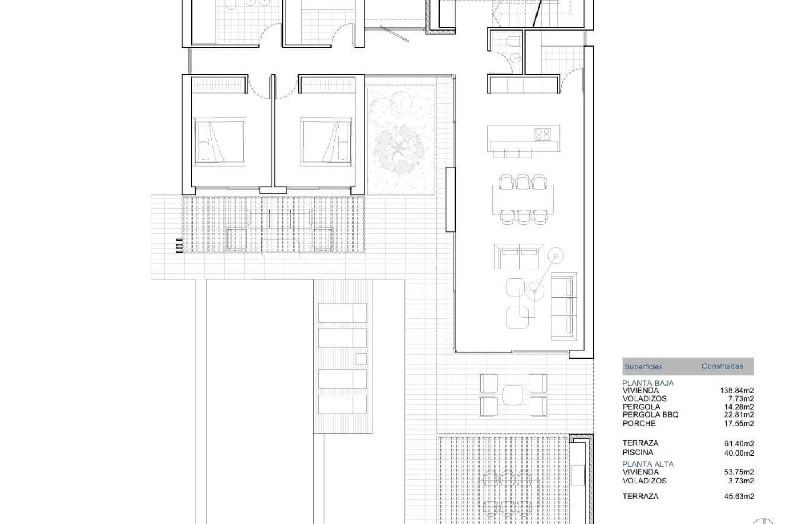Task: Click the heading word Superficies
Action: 643,367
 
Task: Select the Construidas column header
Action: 722,366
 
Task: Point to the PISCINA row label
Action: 638,452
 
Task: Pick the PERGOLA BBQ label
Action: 650,415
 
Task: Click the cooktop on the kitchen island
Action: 543,133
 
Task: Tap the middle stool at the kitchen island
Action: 513,153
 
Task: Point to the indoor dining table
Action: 523,200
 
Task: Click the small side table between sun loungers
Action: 361,359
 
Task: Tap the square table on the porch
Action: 513,394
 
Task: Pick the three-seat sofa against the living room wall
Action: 564,306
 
